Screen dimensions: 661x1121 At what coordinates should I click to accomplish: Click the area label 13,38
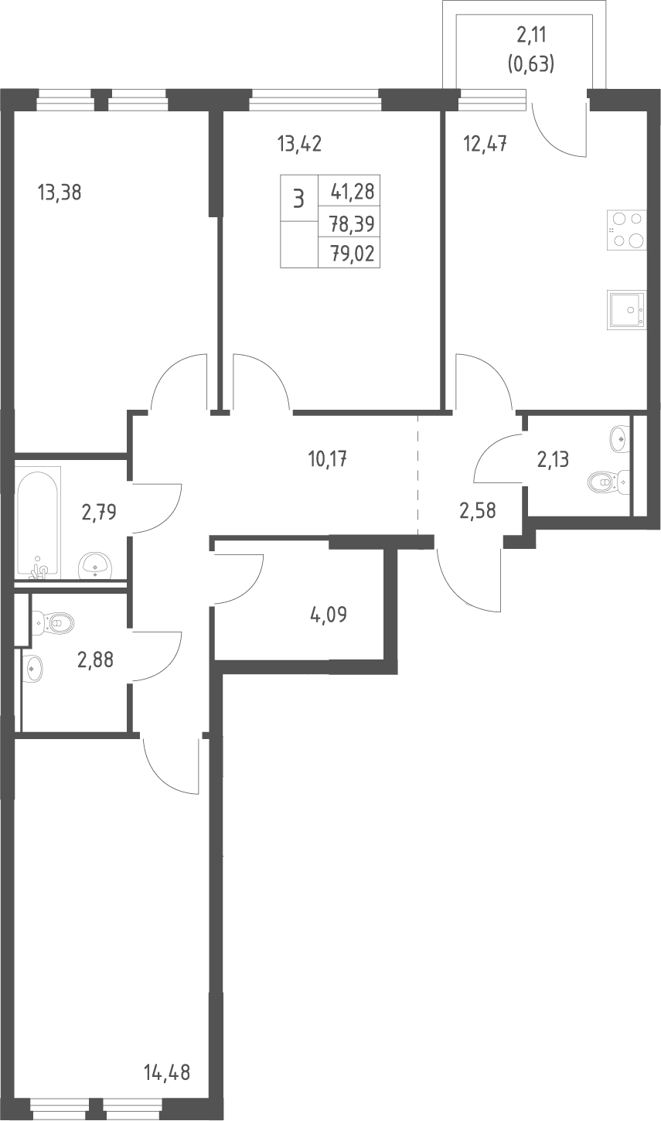click(x=60, y=193)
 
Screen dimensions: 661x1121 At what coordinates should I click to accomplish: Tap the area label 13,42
click(x=299, y=144)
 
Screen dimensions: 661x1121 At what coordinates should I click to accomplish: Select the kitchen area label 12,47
click(x=486, y=144)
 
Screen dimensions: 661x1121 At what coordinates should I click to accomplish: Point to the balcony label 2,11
click(x=531, y=35)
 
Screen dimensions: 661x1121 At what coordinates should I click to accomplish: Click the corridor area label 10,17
click(x=328, y=458)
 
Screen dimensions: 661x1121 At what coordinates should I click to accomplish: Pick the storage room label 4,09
click(x=329, y=614)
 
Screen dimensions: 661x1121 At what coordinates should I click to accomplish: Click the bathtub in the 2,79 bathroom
click(x=38, y=523)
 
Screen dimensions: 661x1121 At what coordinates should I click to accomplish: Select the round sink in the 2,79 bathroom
click(x=95, y=566)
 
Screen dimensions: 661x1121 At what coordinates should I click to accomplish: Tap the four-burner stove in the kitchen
click(x=626, y=230)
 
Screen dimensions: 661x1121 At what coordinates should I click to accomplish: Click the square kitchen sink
click(x=626, y=309)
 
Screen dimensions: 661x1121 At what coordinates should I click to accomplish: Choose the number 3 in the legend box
click(x=298, y=199)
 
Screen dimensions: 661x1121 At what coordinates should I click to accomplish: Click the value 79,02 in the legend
click(x=353, y=254)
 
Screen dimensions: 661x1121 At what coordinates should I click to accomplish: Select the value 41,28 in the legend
click(x=353, y=191)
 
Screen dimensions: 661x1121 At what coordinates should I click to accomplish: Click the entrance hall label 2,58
click(x=478, y=510)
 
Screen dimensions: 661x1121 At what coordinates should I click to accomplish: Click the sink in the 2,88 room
click(x=33, y=668)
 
